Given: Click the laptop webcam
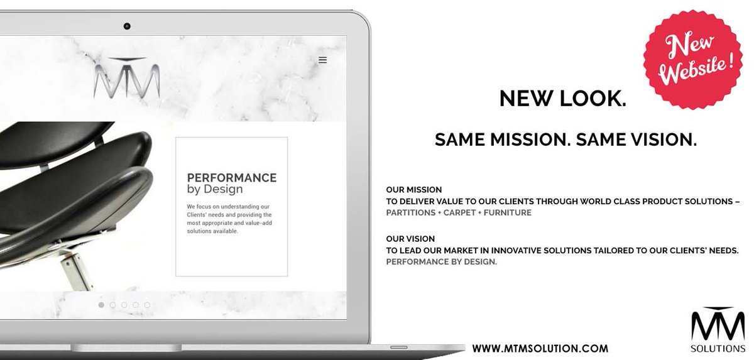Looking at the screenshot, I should [x=126, y=26].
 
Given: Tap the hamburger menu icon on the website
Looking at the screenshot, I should [x=322, y=60].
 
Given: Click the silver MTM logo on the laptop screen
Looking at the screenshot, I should [x=126, y=78].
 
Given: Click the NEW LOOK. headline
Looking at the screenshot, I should [x=562, y=98].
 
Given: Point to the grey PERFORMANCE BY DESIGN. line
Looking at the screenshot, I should [x=442, y=262].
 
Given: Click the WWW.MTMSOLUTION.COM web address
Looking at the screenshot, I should [x=540, y=347].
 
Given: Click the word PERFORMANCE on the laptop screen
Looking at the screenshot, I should [x=232, y=178].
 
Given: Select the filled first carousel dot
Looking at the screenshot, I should [x=101, y=305].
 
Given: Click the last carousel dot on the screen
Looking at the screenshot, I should [x=147, y=305].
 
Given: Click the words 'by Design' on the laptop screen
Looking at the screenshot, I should [x=215, y=189].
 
